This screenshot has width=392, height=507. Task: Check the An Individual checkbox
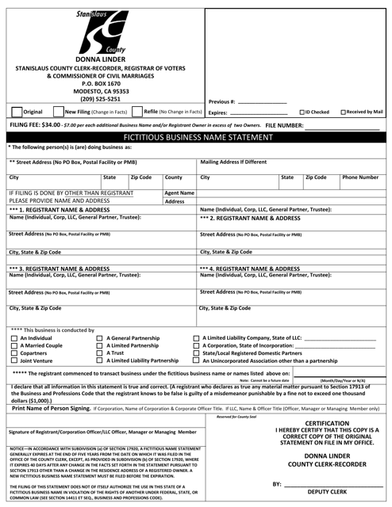click(12, 339)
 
